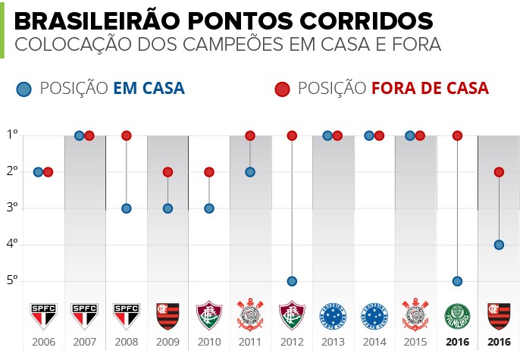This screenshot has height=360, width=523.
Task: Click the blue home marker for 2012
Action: (x=292, y=281)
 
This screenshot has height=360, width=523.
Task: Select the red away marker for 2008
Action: (x=127, y=136)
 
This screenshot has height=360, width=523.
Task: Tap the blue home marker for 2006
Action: (x=38, y=172)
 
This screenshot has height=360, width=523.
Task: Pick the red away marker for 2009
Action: (x=168, y=172)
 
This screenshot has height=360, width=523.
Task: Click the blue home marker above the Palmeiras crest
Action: (x=457, y=281)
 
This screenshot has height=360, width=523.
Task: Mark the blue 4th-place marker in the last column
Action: (x=499, y=245)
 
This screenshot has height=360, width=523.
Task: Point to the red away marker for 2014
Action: (x=379, y=136)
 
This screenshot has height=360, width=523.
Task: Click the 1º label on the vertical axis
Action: (x=12, y=136)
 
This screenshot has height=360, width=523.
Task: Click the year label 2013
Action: (x=334, y=343)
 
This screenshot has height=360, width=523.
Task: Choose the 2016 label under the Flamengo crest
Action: (x=499, y=343)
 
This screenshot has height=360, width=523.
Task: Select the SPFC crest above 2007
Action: (x=84, y=315)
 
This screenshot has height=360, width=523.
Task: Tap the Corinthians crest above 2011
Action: (x=250, y=315)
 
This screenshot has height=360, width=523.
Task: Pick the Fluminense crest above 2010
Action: (x=209, y=315)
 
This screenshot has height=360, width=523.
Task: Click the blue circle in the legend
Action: (x=25, y=89)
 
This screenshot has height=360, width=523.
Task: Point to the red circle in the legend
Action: (x=283, y=89)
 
